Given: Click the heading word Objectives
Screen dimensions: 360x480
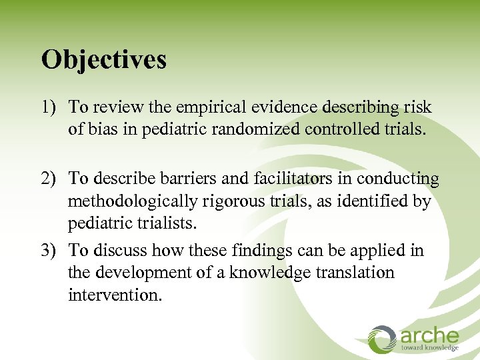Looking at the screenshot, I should (103, 60).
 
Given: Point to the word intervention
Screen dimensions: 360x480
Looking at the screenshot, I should (115, 295).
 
